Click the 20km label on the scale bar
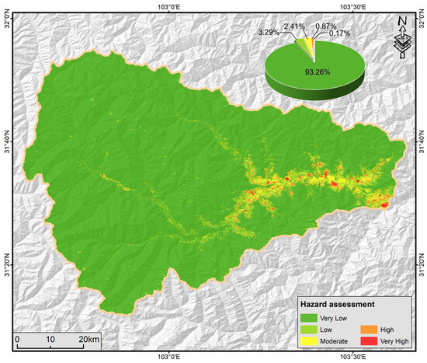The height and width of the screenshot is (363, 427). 88,340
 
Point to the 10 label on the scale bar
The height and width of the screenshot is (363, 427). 50,340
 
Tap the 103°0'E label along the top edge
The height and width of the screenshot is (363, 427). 168,5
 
